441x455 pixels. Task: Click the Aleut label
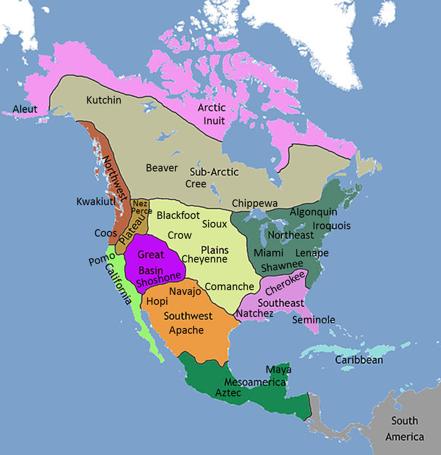pyautogui.click(x=25, y=109)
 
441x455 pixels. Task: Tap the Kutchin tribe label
pyautogui.click(x=103, y=100)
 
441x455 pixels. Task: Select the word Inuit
pyautogui.click(x=214, y=120)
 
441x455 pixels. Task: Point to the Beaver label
pyautogui.click(x=162, y=168)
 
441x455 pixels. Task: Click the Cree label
pyautogui.click(x=196, y=183)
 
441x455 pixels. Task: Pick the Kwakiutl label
pyautogui.click(x=96, y=202)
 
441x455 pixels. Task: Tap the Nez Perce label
pyautogui.click(x=141, y=207)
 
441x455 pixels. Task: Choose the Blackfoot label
pyautogui.click(x=178, y=215)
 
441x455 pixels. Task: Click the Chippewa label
pyautogui.click(x=255, y=203)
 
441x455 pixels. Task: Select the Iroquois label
pyautogui.click(x=332, y=226)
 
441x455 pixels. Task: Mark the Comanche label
pyautogui.click(x=229, y=286)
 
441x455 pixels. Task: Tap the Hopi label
pyautogui.click(x=157, y=301)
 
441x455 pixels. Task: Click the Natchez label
pyautogui.click(x=255, y=313)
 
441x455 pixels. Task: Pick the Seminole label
pyautogui.click(x=313, y=320)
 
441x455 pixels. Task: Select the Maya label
pyautogui.click(x=278, y=370)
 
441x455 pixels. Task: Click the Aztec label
pyautogui.click(x=228, y=393)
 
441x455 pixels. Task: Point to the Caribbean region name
pyautogui.click(x=359, y=359)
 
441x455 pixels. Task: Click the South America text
pyautogui.click(x=405, y=429)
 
